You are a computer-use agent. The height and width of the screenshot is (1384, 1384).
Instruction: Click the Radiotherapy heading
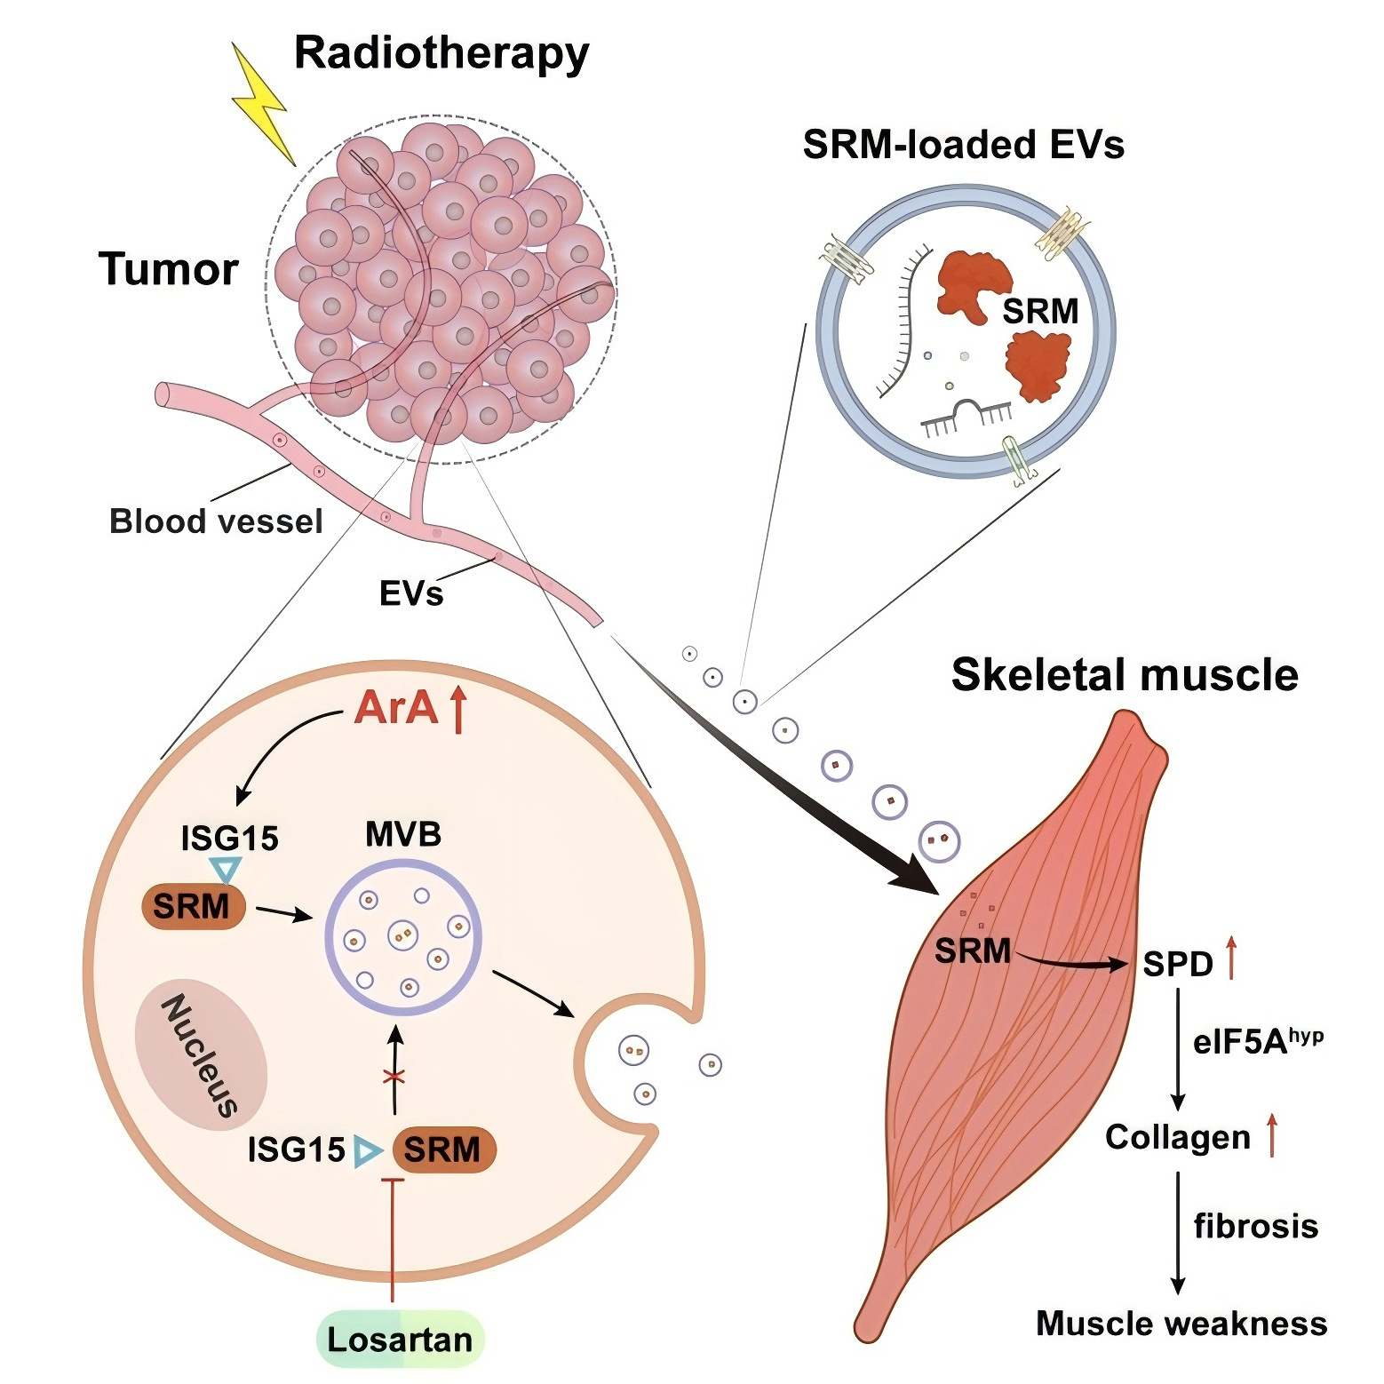441,53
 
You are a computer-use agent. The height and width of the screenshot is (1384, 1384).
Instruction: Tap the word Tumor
169,269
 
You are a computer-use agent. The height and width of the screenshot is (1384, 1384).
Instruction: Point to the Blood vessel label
216,521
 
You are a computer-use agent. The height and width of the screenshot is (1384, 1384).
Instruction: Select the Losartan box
401,1339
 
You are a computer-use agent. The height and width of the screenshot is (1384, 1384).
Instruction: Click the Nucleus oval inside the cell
201,1054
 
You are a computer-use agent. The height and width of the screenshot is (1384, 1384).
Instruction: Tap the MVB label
403,835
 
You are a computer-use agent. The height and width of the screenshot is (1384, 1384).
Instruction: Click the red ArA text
396,708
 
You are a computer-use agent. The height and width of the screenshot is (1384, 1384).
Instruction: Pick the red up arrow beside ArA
458,711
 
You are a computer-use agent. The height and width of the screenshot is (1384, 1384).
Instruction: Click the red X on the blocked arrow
394,1078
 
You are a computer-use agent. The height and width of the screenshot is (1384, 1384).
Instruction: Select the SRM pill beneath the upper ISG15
193,907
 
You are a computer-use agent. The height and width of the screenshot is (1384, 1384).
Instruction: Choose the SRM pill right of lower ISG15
443,1150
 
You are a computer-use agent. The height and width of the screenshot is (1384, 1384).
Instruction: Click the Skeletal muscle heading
1125,675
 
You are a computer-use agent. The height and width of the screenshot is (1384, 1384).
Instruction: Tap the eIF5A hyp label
1257,1040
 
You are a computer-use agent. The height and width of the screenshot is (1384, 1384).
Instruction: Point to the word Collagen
1177,1137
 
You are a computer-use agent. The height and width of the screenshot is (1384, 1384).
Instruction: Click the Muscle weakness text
1181,1324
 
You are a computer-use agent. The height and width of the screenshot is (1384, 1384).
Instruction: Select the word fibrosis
1255,1227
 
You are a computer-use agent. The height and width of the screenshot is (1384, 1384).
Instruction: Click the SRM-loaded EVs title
963,145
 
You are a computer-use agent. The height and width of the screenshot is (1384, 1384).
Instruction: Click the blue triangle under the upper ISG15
226,869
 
